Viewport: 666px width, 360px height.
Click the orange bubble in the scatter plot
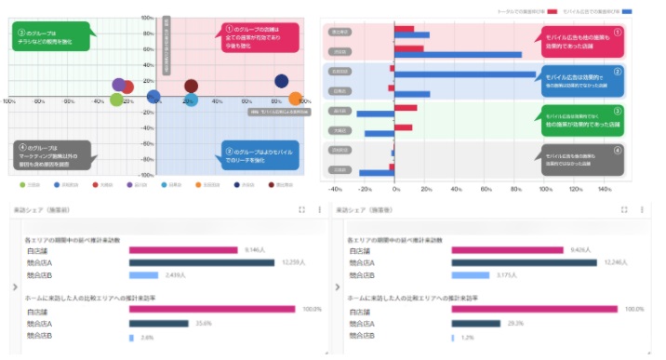(297, 98)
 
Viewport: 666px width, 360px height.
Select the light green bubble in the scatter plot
(116, 100)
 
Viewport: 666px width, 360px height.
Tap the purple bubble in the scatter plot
(119, 86)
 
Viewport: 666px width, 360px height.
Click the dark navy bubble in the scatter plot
(282, 82)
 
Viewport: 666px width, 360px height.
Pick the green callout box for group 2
(52, 36)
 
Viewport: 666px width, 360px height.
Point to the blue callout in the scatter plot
(260, 154)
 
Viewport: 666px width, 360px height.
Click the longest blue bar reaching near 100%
(465, 73)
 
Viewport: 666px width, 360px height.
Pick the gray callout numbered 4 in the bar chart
(582, 159)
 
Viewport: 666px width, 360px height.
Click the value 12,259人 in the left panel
(294, 262)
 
